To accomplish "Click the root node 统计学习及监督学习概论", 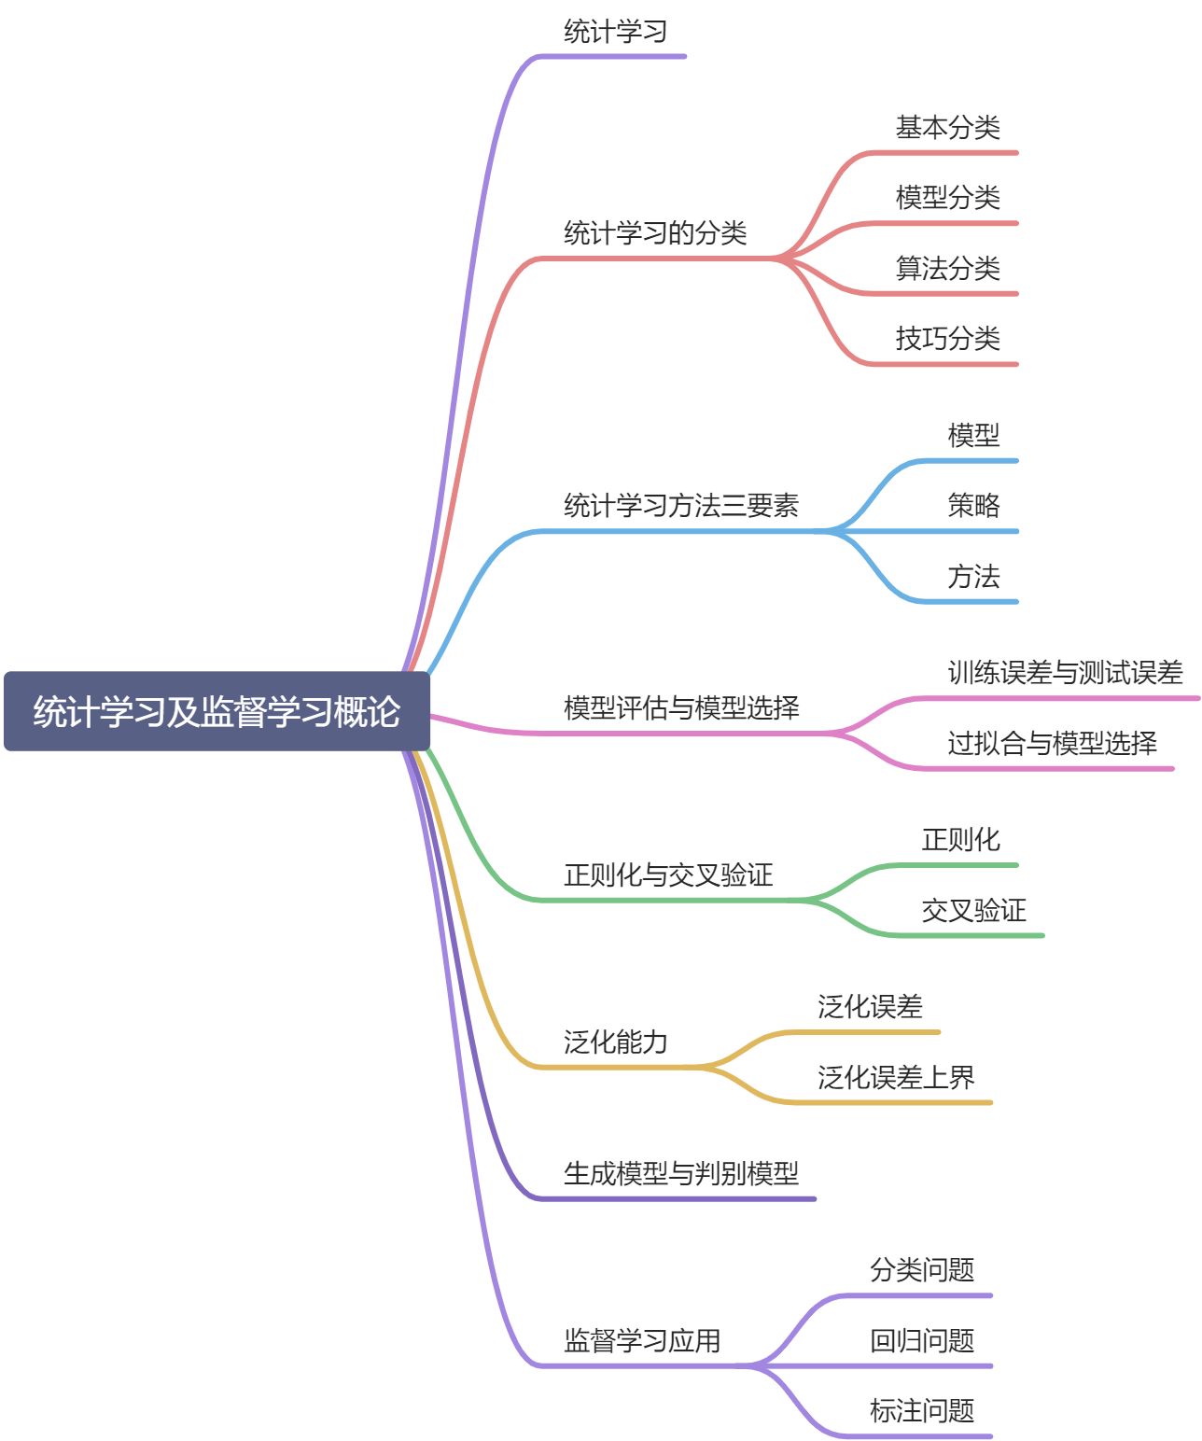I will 217,711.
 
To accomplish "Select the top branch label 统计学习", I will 615,32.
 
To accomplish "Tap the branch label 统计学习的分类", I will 655,233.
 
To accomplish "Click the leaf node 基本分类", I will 947,128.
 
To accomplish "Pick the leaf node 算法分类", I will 947,269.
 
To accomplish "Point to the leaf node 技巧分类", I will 947,339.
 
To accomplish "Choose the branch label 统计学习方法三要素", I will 681,506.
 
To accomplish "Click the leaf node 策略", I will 973,506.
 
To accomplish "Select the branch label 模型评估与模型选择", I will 681,708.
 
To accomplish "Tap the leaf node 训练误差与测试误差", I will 1065,673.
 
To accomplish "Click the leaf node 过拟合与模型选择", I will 1052,744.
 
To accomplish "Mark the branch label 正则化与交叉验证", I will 668,875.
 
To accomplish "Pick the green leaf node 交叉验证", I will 973,911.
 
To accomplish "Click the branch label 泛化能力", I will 615,1042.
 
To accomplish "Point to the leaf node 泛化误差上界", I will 896,1078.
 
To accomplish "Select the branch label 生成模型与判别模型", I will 681,1174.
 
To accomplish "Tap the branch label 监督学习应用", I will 642,1341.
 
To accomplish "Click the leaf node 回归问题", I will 922,1341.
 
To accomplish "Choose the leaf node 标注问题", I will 922,1411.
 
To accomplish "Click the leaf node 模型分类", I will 947,198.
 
